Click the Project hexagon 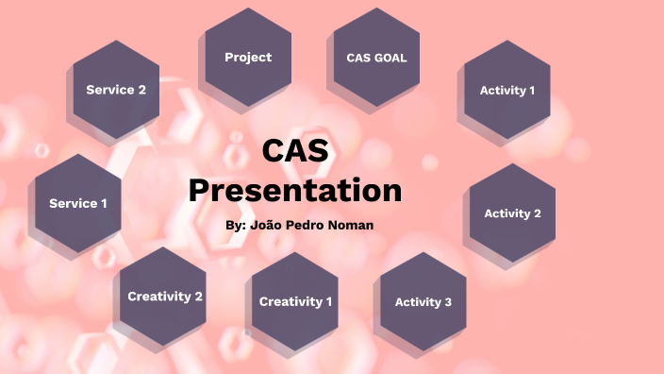coord(248,58)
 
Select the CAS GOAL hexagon coord(376,58)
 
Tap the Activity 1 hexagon coord(507,91)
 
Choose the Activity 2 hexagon coord(512,213)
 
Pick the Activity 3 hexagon coord(423,302)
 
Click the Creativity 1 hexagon coord(295,302)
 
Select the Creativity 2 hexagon coord(165,297)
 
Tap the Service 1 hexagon coord(78,203)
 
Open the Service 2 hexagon coord(116,90)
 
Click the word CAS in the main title coord(295,152)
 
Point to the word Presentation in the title coord(295,190)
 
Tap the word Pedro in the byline coord(309,227)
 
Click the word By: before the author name coord(239,227)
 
